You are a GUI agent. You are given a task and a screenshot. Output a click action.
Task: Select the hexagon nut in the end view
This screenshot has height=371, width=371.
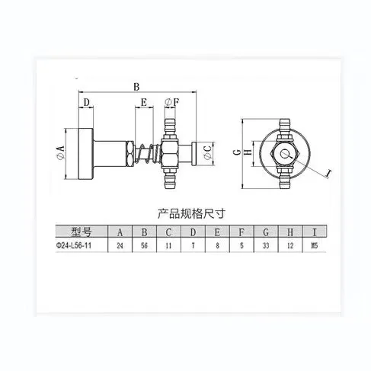284,155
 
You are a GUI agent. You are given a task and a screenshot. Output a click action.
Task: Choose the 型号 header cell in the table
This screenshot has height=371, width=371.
79,231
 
